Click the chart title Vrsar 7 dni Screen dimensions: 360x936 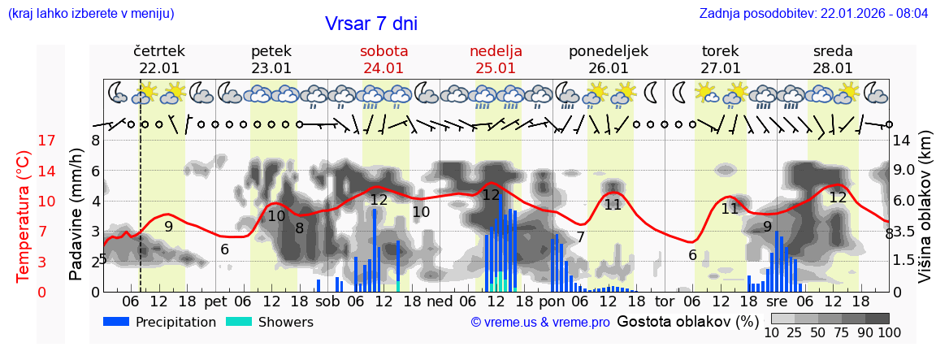click(x=370, y=24)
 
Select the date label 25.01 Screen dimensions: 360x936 click(x=496, y=68)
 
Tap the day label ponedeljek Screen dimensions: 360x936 click(x=609, y=51)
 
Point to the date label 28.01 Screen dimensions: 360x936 click(x=833, y=68)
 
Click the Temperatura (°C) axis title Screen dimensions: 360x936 click(x=24, y=216)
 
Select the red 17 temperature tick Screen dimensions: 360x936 click(x=24, y=141)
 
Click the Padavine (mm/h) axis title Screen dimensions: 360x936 click(x=76, y=215)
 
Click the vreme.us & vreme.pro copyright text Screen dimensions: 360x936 click(x=540, y=322)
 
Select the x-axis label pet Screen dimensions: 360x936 click(x=214, y=301)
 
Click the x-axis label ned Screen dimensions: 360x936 click(x=440, y=301)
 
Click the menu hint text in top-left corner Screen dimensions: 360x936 click(x=91, y=14)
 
